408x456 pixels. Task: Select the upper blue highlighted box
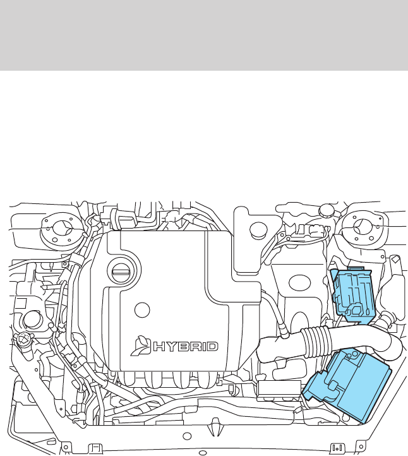click(x=352, y=291)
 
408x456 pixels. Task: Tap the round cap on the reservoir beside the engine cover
click(x=256, y=231)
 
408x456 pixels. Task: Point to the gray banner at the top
click(x=204, y=35)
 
